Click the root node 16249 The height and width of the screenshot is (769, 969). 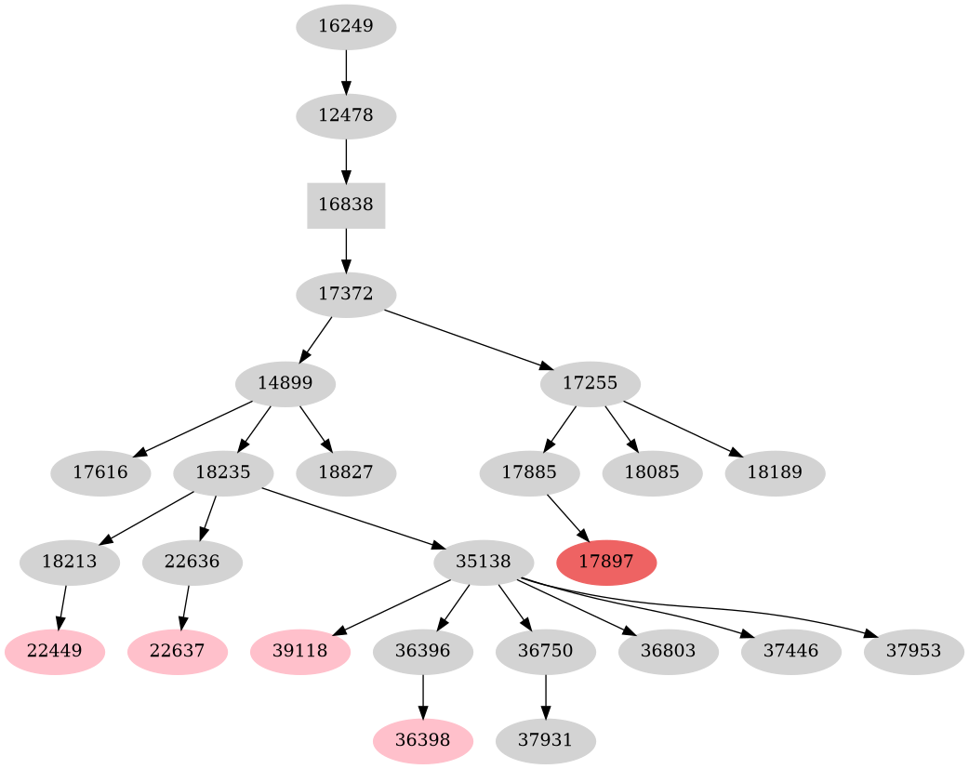coord(346,26)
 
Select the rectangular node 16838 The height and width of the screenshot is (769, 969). coord(346,206)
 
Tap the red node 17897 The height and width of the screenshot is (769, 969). coord(606,563)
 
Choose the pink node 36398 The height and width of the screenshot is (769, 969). coord(423,741)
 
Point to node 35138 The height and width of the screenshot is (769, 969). coord(484,563)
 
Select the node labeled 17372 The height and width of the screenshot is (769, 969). coord(346,295)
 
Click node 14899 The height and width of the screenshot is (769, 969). coord(285,383)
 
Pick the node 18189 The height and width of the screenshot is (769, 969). coord(775,473)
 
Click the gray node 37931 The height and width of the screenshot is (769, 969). coord(546,741)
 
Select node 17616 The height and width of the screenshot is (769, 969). coord(100,473)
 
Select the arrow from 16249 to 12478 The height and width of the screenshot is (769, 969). coord(346,71)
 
